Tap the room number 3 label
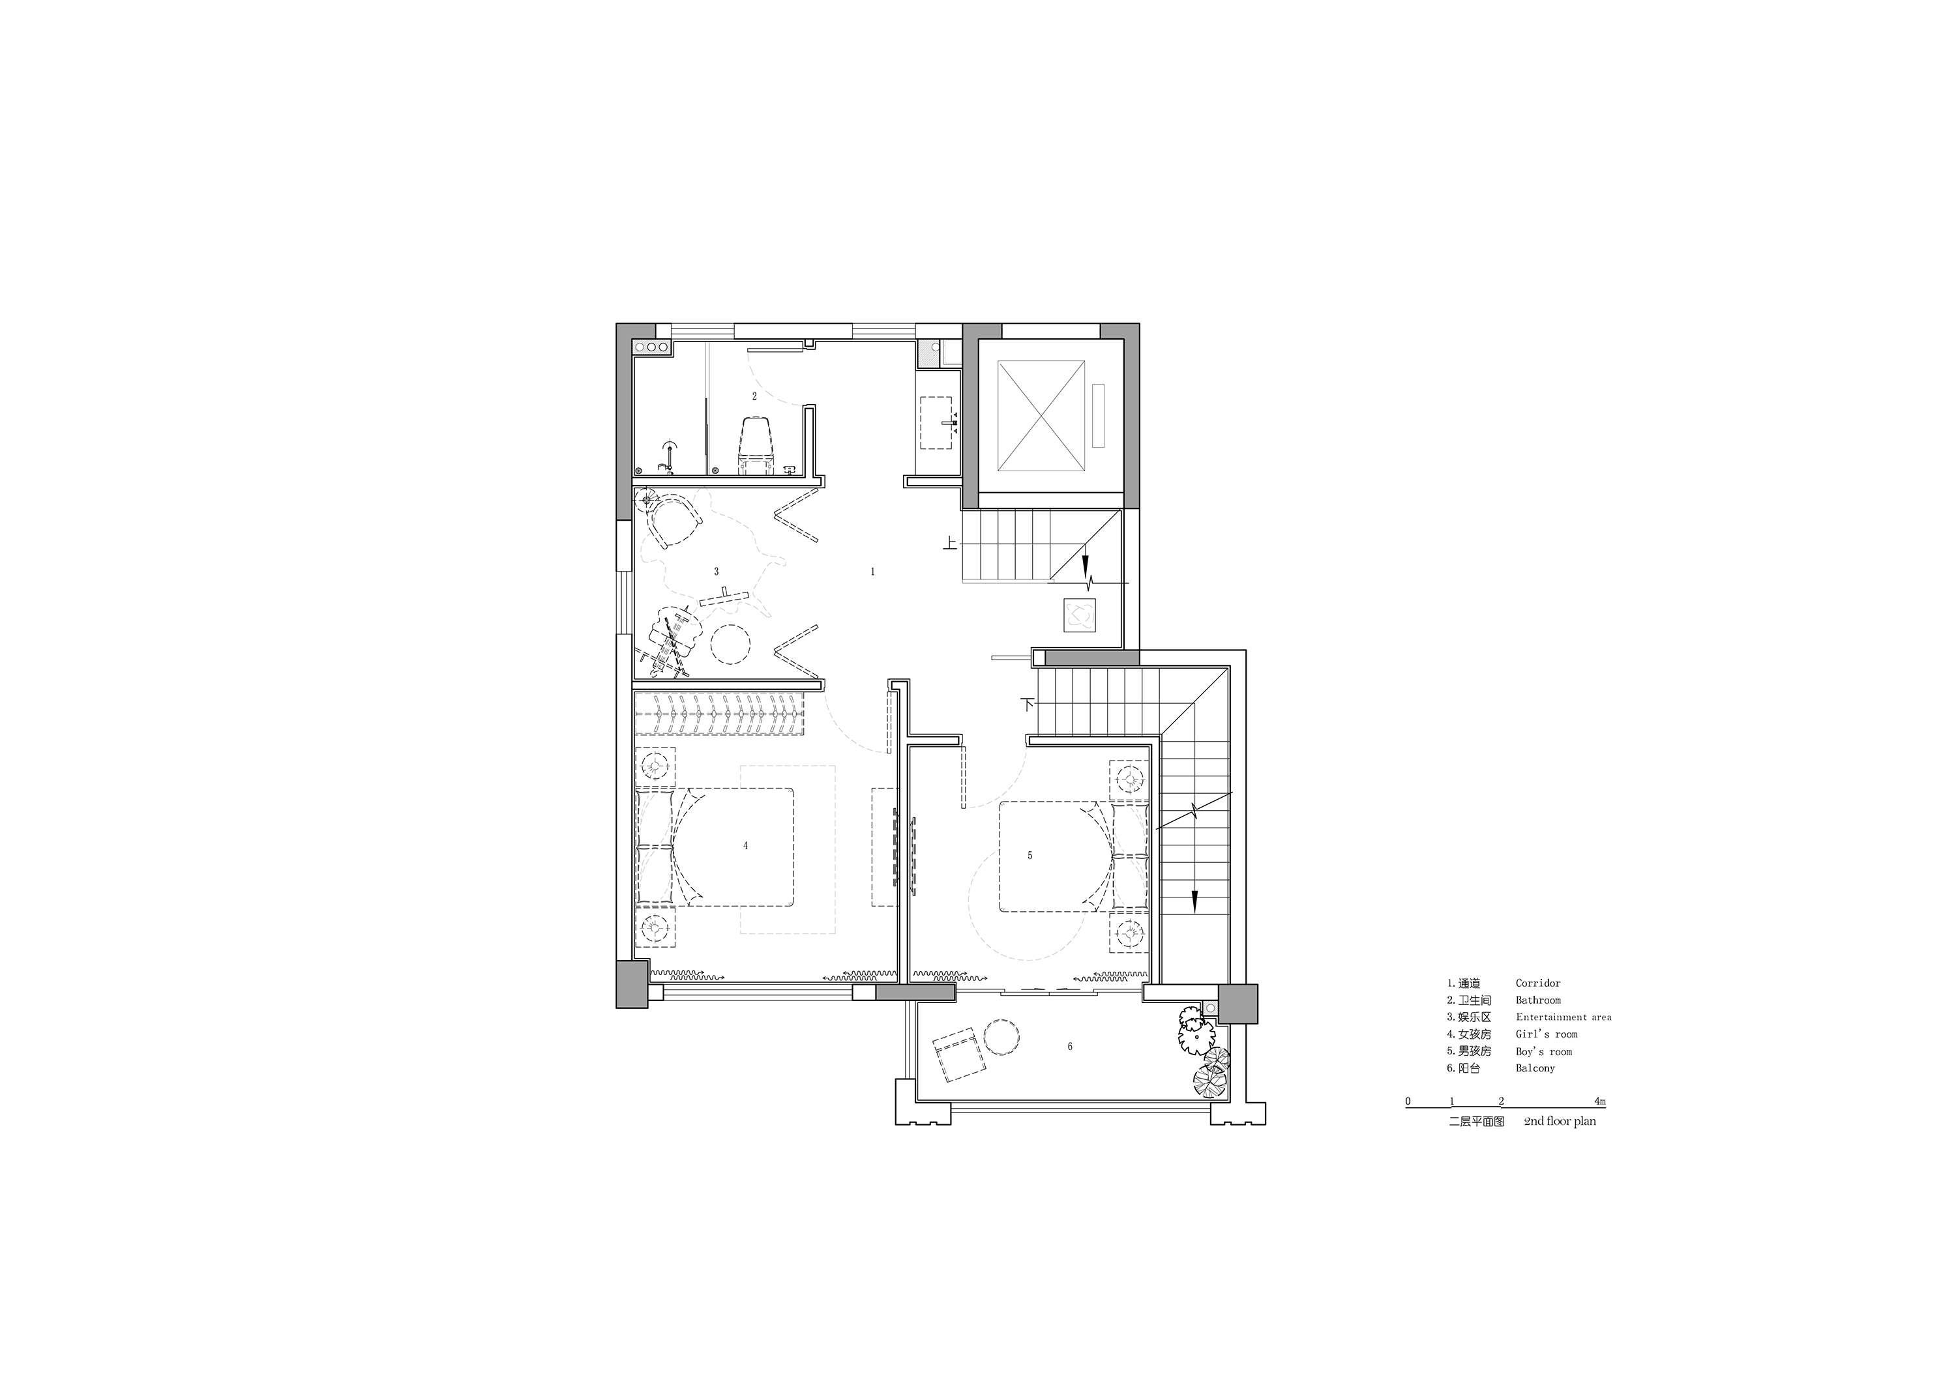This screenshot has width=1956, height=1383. [x=717, y=572]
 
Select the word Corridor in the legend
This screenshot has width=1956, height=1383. [x=1537, y=983]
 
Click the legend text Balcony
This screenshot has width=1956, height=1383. [x=1535, y=1068]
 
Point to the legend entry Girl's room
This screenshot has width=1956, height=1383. [x=1547, y=1034]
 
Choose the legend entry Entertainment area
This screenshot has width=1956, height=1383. [x=1563, y=1017]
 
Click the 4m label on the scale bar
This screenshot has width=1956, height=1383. [x=1600, y=1101]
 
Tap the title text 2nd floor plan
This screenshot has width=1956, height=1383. [x=1560, y=1122]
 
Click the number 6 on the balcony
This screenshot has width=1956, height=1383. [x=1070, y=1047]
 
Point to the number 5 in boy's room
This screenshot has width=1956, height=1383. [x=1030, y=855]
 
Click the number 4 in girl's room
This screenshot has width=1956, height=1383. [x=745, y=846]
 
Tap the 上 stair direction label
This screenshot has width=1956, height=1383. [x=950, y=542]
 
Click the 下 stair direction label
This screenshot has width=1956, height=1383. [x=1028, y=705]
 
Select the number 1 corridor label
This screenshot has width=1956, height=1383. [x=872, y=572]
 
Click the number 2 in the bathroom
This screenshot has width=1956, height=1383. [x=754, y=396]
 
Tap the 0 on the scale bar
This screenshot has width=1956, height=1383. [x=1408, y=1101]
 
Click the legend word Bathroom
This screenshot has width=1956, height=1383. [x=1537, y=1000]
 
